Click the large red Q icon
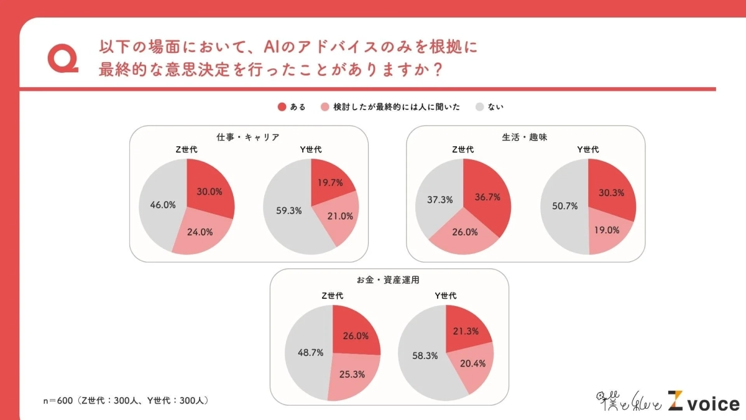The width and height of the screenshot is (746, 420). point(62,58)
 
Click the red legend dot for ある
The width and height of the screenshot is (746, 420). point(282,107)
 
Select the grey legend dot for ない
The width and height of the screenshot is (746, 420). point(479,107)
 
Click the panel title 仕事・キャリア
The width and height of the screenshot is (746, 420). point(248,137)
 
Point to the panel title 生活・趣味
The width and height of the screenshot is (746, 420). point(525,137)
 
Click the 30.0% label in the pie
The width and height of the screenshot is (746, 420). point(210,192)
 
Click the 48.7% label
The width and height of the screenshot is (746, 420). point(310,352)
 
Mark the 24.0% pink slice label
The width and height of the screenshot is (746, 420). point(200,231)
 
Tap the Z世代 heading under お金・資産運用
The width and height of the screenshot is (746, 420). point(332,296)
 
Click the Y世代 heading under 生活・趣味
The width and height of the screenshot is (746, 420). point(587,149)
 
